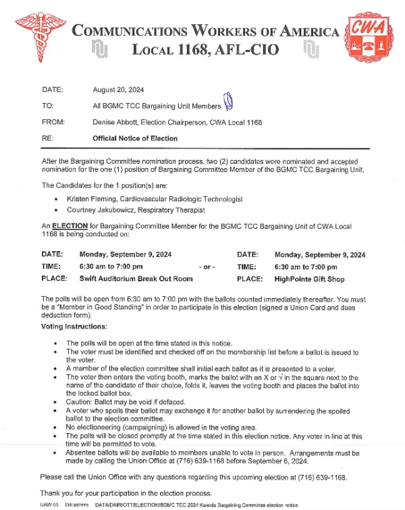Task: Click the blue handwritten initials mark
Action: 228,102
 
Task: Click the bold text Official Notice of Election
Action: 135,138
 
